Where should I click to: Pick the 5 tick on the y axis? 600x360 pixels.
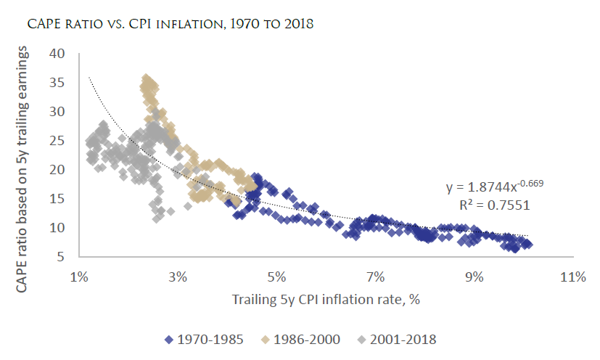pos(62,257)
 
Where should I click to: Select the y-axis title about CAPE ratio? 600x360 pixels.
pos(23,151)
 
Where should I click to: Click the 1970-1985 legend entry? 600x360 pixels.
pos(202,338)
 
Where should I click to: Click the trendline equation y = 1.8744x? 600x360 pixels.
pos(494,187)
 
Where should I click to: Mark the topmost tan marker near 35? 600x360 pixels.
pos(146,78)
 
